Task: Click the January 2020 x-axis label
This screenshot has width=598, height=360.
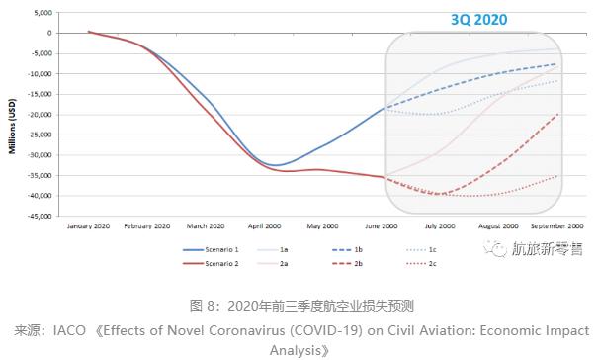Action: coord(88,226)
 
